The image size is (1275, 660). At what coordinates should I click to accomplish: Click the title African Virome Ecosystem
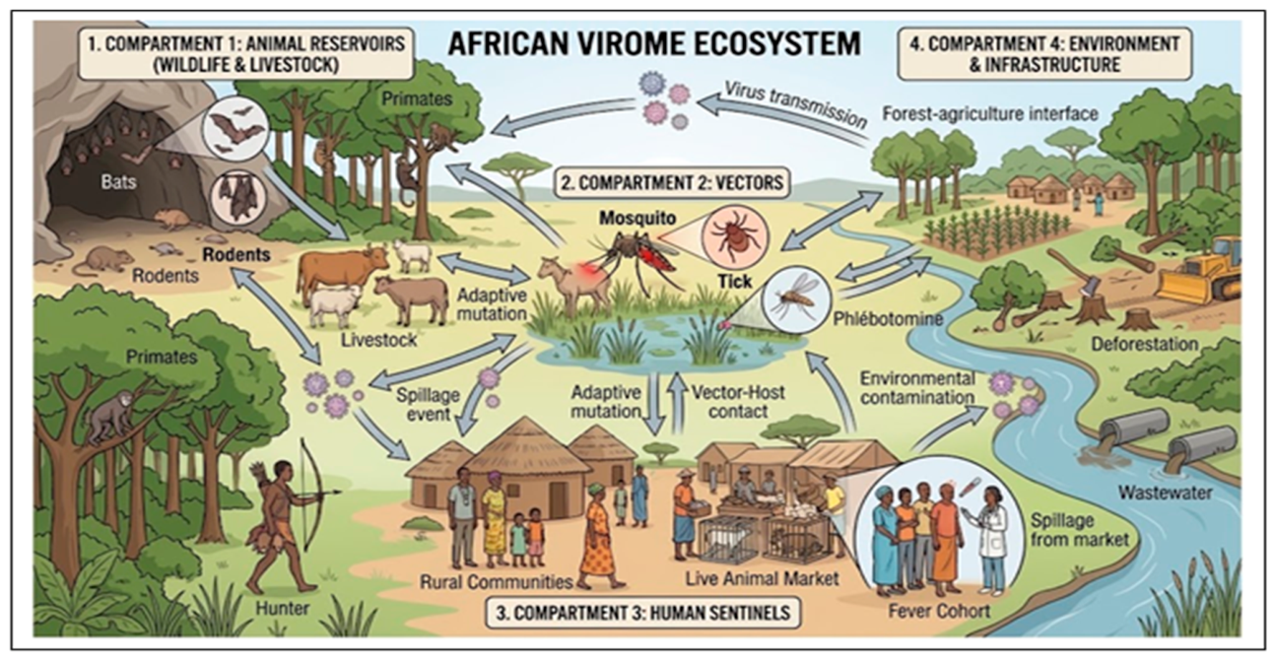654,43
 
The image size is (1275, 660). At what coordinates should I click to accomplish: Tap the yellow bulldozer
1201,272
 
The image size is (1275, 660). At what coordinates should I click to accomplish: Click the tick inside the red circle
734,236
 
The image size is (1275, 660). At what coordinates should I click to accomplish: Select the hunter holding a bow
285,526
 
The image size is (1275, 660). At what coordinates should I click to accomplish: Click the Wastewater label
1165,493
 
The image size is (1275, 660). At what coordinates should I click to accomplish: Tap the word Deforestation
1145,344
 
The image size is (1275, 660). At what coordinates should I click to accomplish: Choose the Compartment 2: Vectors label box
672,182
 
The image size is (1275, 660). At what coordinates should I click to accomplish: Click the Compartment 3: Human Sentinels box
643,613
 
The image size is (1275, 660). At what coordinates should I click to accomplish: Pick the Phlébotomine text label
888,319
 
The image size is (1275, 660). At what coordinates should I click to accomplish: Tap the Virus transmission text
795,104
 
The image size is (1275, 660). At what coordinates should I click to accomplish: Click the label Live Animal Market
763,579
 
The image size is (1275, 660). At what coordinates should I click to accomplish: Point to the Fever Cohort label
939,611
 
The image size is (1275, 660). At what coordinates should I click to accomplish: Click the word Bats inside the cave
119,182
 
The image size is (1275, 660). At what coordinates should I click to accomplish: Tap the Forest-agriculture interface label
990,114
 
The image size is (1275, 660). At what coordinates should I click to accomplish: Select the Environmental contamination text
917,388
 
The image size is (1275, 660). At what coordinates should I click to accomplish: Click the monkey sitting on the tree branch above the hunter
111,416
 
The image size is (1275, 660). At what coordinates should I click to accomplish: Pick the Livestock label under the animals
379,340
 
